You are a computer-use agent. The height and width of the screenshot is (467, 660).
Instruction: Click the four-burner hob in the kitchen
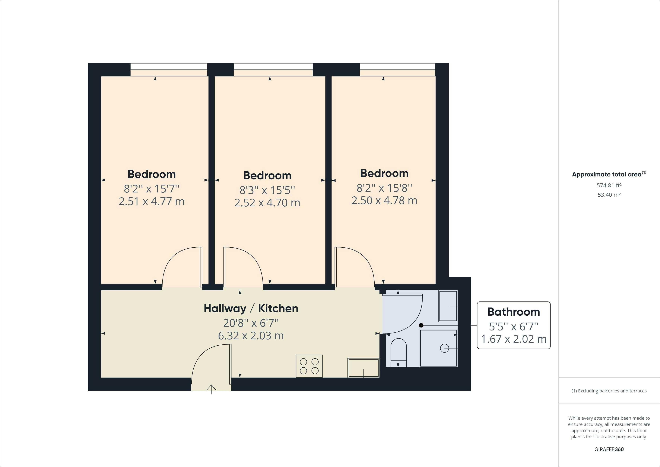click(309, 366)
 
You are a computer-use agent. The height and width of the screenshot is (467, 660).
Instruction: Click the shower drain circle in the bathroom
click(444, 348)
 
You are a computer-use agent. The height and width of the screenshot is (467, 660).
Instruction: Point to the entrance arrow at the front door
click(211, 389)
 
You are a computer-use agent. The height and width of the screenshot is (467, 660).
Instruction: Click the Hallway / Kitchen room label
click(251, 308)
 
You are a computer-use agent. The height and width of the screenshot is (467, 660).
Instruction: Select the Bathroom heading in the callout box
click(513, 312)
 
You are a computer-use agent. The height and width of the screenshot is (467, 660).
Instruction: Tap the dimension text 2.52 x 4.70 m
click(267, 203)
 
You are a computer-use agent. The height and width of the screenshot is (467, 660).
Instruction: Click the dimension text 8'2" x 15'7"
click(151, 189)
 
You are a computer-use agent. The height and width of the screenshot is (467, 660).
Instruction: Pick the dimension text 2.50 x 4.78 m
click(384, 201)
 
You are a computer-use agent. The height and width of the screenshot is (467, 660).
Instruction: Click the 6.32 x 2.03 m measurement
click(251, 336)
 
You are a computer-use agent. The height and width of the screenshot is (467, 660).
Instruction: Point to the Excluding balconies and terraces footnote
click(609, 391)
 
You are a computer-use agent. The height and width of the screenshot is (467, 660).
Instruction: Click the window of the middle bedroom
click(273, 70)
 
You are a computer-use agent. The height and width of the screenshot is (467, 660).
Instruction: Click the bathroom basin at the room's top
click(448, 306)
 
